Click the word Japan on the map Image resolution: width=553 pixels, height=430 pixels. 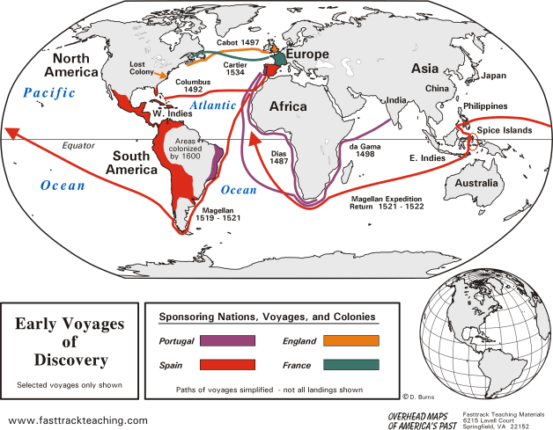(493, 77)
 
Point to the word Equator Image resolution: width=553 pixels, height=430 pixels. (78, 145)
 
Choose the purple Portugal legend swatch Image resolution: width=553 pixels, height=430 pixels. (227, 340)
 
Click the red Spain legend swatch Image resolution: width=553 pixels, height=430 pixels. (227, 364)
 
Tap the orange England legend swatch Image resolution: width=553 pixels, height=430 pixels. (350, 340)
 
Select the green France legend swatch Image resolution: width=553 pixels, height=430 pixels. (350, 364)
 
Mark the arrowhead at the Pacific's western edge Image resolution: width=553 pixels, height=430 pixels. (11, 133)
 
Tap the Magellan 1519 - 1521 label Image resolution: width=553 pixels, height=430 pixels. (216, 215)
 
